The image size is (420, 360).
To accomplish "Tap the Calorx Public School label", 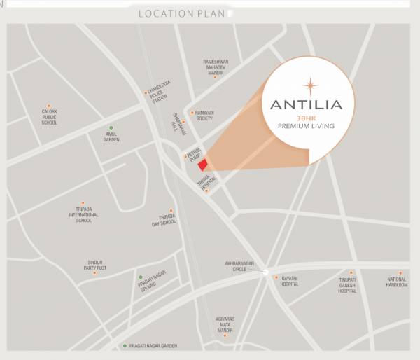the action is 49,117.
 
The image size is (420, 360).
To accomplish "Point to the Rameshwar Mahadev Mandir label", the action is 215,67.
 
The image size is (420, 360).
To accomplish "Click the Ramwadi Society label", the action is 204,116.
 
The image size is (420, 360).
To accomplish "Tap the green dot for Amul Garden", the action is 111,127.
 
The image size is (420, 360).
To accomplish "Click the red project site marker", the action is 202,165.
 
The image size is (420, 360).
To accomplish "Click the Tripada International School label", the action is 83,214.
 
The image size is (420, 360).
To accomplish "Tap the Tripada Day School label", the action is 164,220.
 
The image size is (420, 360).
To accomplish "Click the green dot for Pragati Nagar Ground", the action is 140,277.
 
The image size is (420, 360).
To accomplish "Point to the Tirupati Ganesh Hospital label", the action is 347,284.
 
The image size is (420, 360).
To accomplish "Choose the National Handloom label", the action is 396,282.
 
